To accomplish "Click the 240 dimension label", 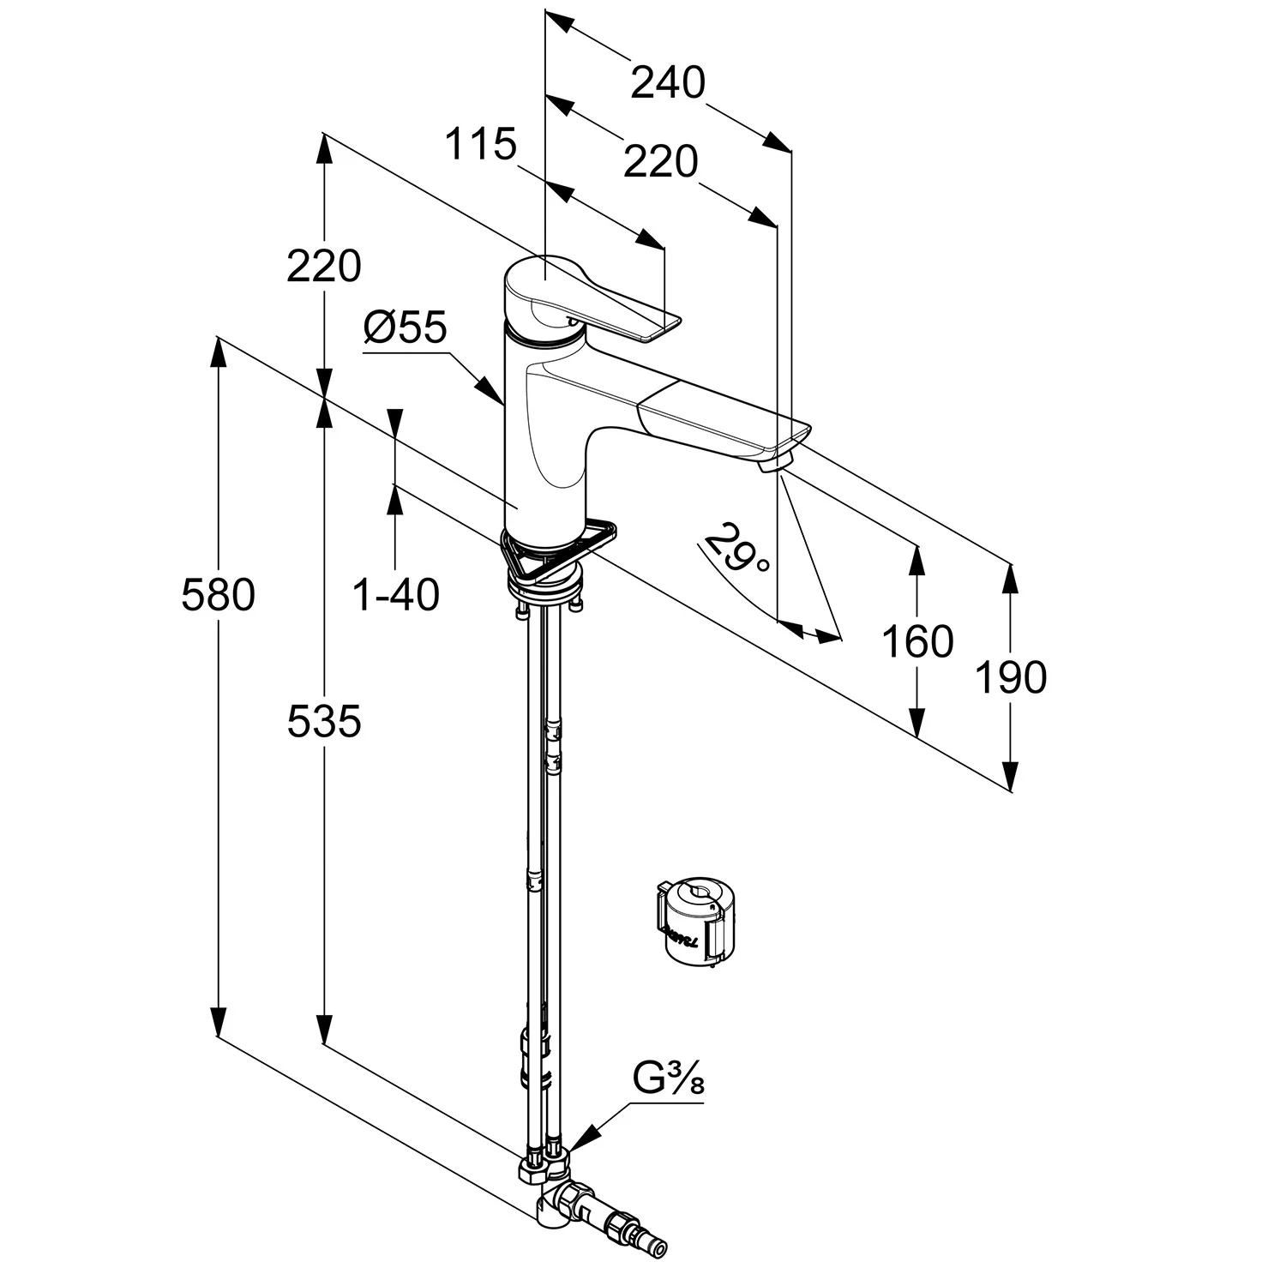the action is pos(668,83).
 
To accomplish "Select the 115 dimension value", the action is pos(480,144).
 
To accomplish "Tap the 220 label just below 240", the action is pos(661,161).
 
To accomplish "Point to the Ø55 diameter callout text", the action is pos(405,327).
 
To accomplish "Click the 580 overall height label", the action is pos(219,595).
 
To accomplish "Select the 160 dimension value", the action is pos(917,642).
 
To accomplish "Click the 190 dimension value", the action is pos(1012,678).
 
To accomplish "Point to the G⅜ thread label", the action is pos(668,1079).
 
